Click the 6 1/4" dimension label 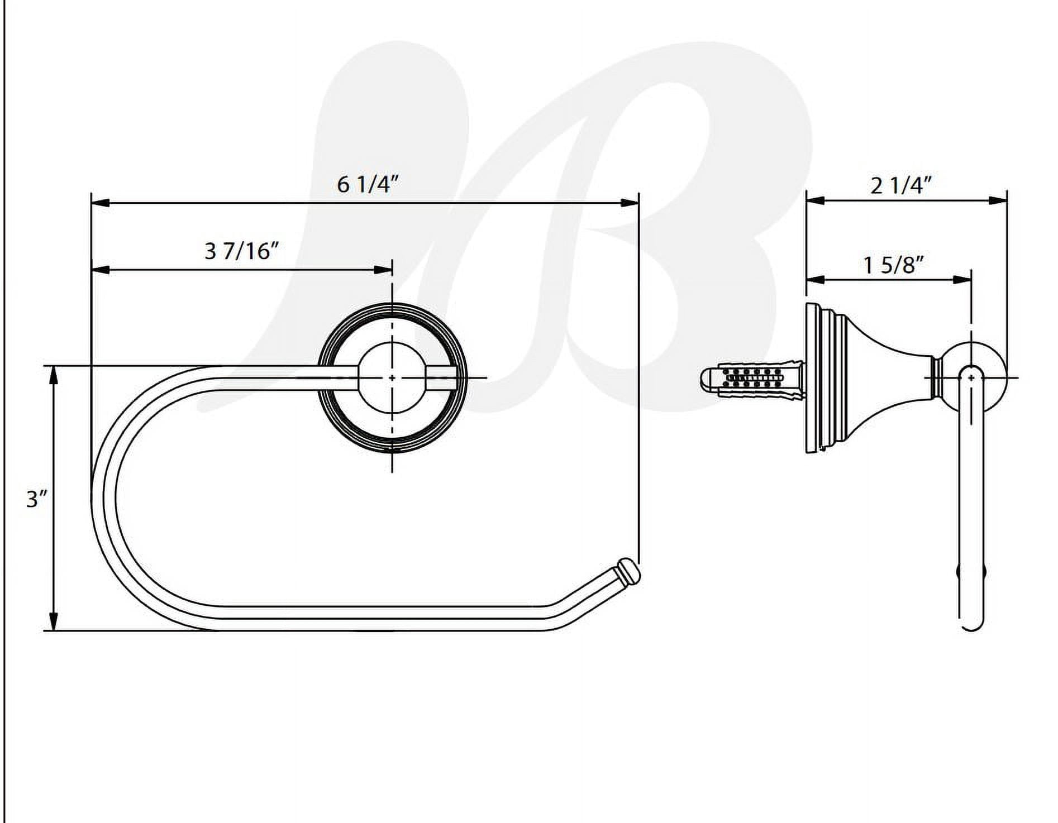coord(369,184)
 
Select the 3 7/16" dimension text coord(241,251)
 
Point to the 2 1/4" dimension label coord(901,185)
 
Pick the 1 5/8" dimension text coord(893,265)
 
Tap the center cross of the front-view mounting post coord(392,378)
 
